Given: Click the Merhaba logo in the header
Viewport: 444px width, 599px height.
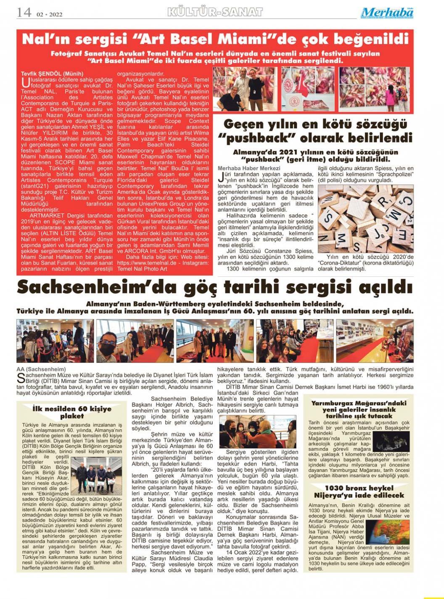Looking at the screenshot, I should (x=387, y=13).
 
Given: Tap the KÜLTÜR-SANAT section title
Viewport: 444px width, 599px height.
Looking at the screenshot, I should (x=215, y=12).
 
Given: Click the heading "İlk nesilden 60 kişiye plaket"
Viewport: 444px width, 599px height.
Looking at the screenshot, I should (x=72, y=412).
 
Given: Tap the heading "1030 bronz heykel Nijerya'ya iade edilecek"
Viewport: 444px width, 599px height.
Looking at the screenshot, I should (x=359, y=491).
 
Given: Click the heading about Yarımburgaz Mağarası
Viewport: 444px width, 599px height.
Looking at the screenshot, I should (x=359, y=409).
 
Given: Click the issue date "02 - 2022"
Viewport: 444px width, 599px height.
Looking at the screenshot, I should (x=50, y=14).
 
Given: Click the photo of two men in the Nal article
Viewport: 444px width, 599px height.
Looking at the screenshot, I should (x=240, y=89).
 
